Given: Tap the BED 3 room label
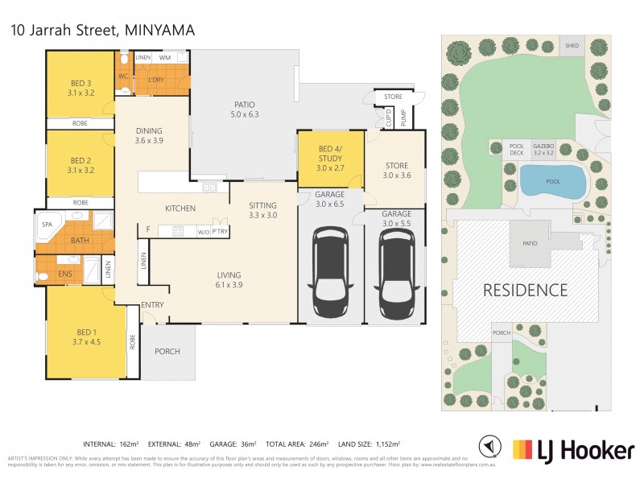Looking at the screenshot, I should click(80, 87).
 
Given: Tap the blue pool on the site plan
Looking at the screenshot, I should click(551, 181).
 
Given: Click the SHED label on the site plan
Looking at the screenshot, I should click(572, 46).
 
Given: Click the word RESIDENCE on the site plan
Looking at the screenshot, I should click(526, 290).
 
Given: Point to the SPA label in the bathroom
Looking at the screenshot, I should click(47, 225).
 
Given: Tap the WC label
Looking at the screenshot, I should click(123, 76).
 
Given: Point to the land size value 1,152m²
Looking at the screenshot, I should click(383, 444).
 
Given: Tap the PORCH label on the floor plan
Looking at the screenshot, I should click(167, 351).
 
